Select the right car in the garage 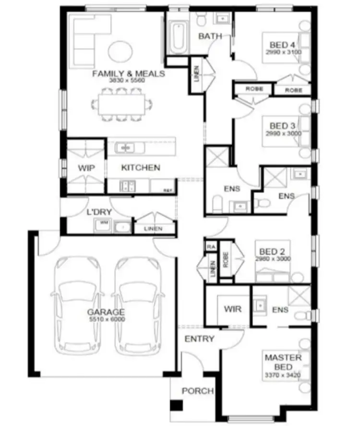tap(138, 306)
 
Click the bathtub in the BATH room tap(178, 37)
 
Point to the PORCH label tap(197, 391)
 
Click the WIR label tap(233, 309)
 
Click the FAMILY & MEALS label tap(129, 74)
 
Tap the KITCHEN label tap(140, 168)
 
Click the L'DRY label tap(96, 212)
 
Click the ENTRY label tap(199, 339)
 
